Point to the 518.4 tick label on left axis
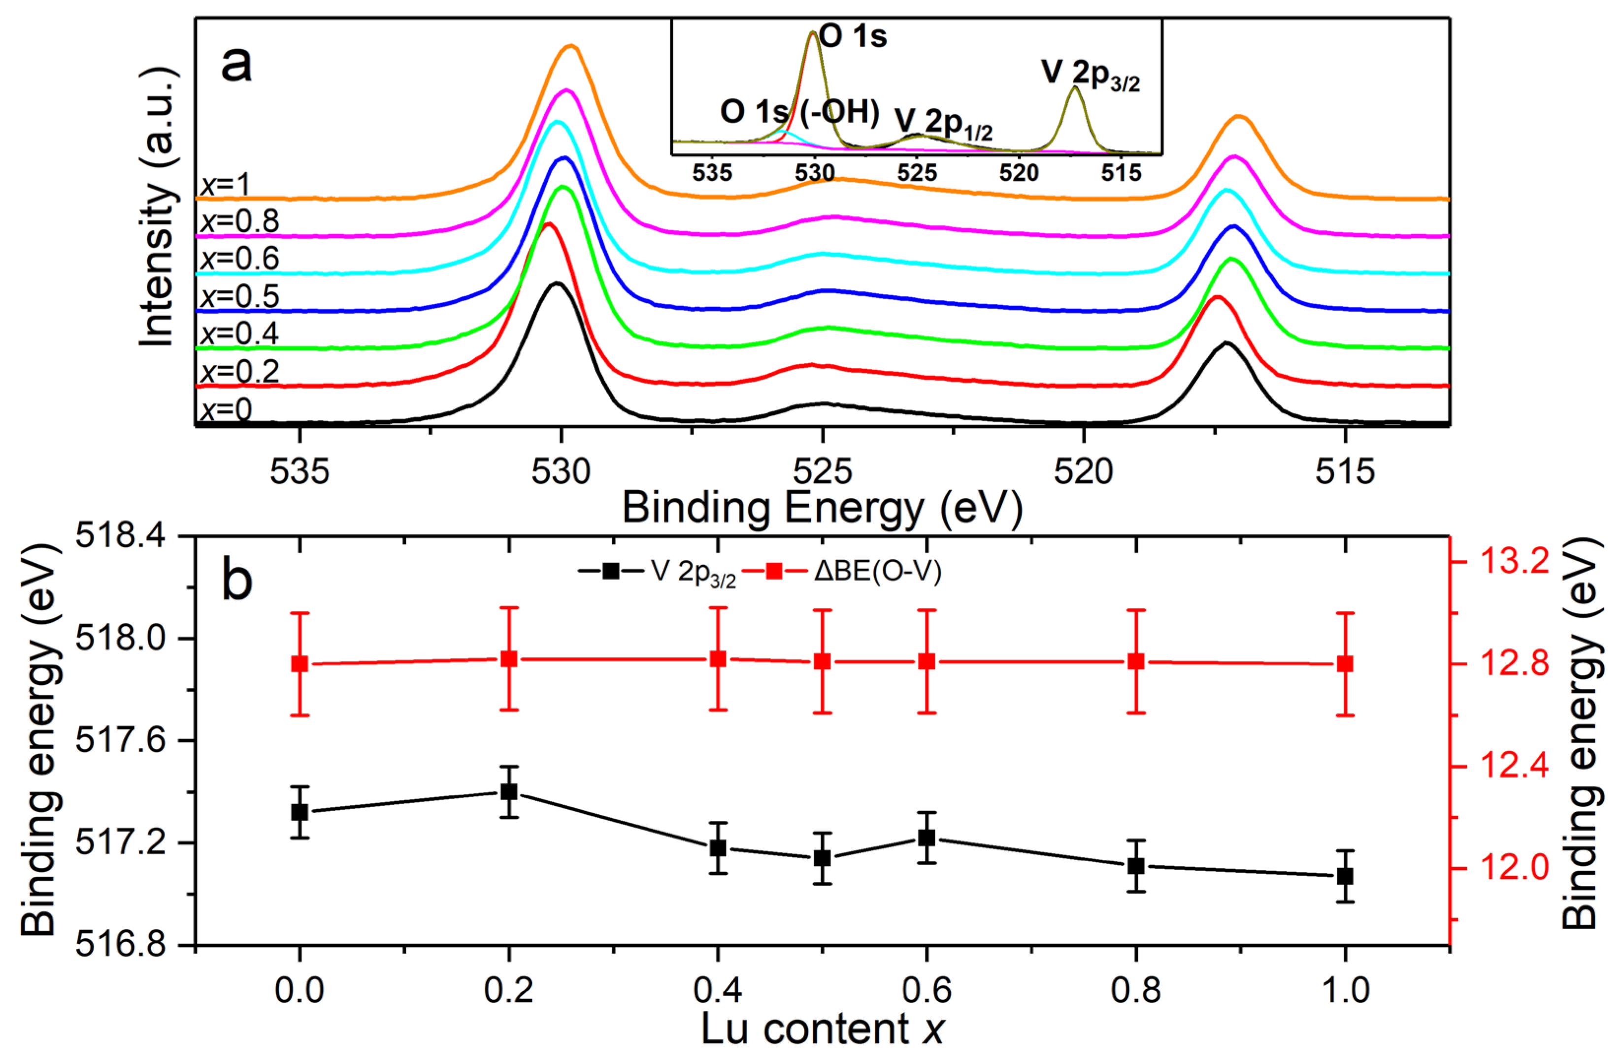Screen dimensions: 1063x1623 130,537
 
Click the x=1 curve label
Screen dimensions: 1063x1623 226,185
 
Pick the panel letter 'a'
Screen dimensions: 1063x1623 236,65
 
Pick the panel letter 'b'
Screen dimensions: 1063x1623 236,580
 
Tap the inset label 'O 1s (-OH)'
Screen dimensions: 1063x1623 799,112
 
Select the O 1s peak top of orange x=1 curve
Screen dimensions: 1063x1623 571,46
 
